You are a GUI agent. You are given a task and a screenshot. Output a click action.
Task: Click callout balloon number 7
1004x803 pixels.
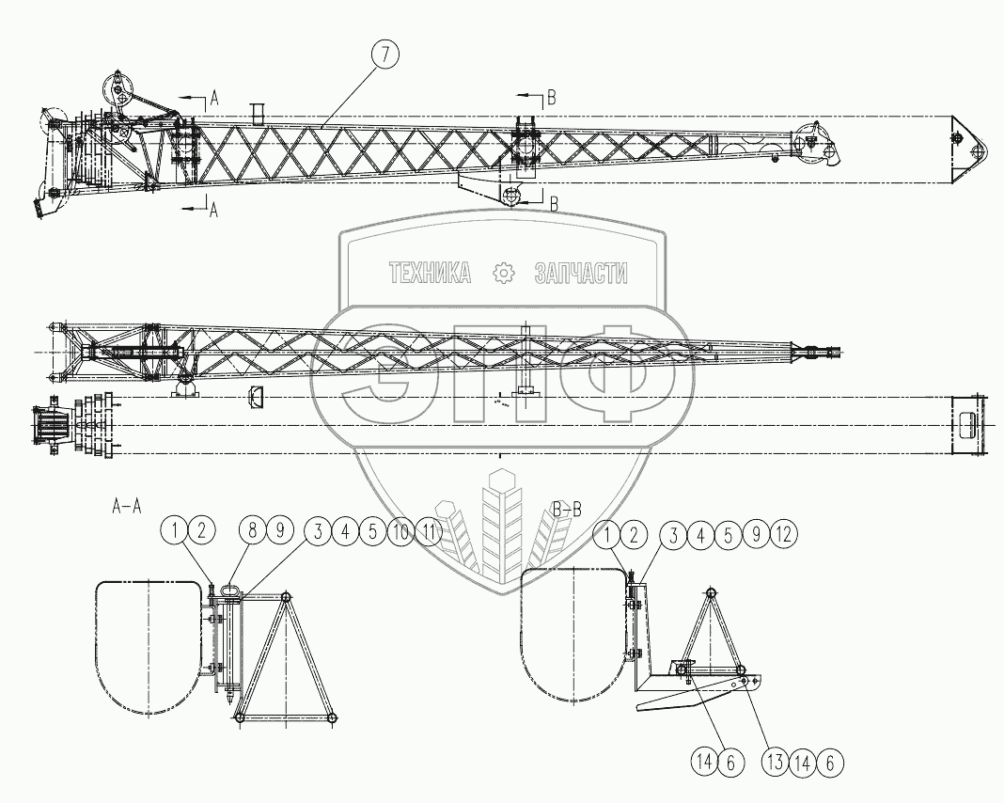click(384, 55)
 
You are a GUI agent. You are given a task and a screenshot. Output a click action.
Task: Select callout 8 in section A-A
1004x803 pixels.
click(252, 531)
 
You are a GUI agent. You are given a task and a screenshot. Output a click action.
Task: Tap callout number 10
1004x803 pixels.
click(400, 531)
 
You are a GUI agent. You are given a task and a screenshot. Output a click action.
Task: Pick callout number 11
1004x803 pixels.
click(429, 531)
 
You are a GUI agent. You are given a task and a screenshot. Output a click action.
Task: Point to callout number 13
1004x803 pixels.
click(775, 762)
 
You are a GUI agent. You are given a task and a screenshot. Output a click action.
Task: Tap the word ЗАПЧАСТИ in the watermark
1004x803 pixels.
click(581, 274)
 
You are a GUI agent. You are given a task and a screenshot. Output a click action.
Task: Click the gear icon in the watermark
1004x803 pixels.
click(504, 274)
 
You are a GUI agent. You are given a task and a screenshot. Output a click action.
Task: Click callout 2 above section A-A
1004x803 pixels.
click(202, 531)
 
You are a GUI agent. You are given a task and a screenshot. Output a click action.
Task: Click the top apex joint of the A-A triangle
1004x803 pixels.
click(286, 597)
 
